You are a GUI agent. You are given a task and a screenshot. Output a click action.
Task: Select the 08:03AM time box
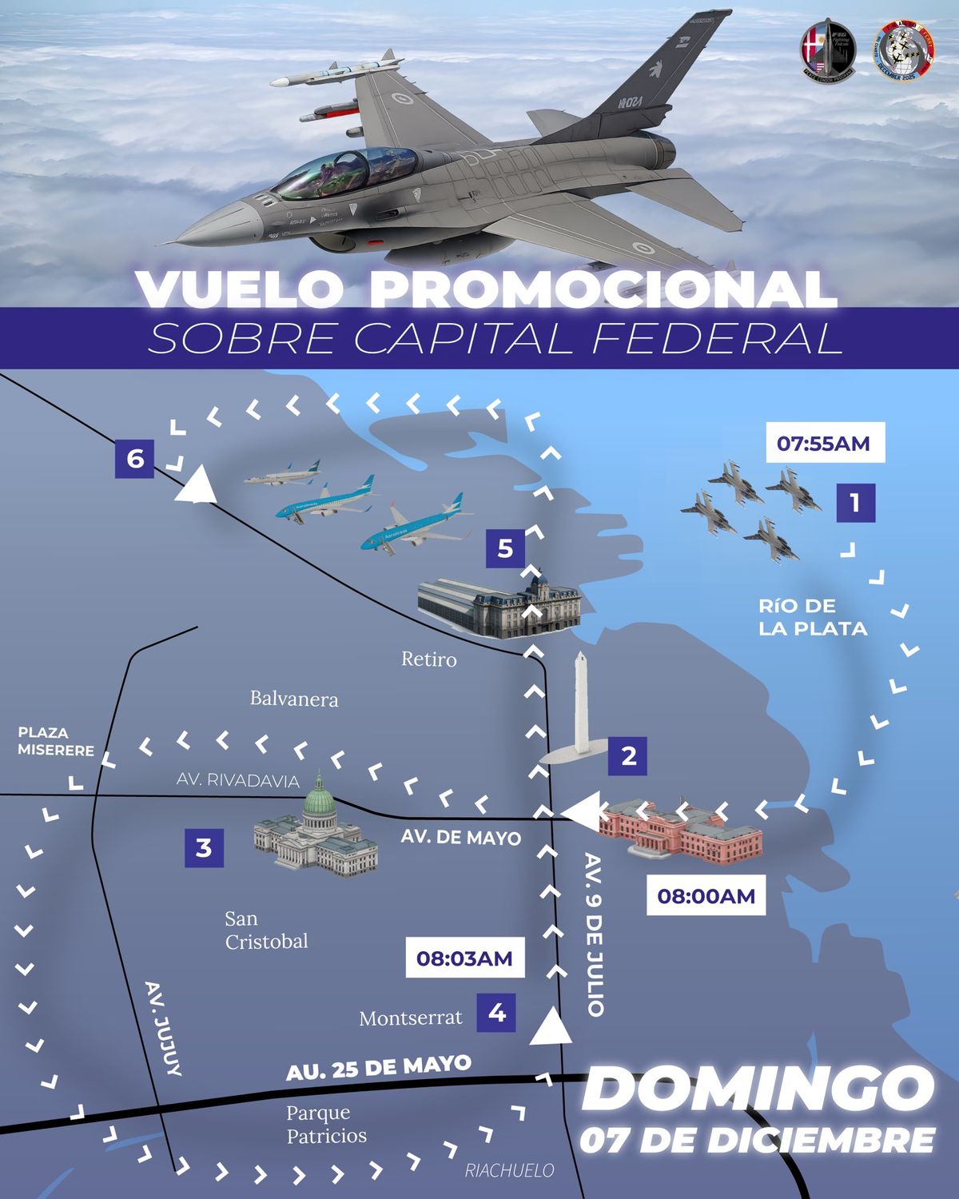464,958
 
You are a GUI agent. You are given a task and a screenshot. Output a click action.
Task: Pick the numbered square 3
204,847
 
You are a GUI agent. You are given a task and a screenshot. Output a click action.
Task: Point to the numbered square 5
505,549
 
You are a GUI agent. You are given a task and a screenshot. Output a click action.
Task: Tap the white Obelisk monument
580,711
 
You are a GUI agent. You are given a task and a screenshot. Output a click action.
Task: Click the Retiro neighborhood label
429,659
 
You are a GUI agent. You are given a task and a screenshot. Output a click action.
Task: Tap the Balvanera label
294,699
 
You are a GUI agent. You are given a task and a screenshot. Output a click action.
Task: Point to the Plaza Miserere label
55,741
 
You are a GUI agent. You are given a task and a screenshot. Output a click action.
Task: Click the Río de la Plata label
813,617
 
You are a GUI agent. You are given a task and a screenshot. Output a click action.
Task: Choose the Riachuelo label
509,1171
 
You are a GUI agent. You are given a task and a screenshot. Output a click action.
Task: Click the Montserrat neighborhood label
411,1018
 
